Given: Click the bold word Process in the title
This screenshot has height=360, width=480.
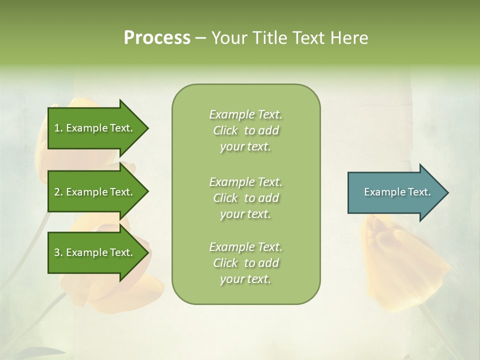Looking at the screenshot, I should coord(157,38).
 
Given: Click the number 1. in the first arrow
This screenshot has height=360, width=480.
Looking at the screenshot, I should coord(58,128).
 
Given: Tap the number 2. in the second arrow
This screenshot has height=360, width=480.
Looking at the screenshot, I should coord(58,192).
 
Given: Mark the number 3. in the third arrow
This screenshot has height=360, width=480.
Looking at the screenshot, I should coord(58,252).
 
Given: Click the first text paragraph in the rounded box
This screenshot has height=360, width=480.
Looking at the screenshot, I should coord(245,130).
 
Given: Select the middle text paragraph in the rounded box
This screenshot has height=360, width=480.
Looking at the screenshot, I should coord(245,198).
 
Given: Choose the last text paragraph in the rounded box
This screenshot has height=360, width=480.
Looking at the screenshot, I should coord(245,263).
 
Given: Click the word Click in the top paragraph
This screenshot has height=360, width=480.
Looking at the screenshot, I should coord(225,130).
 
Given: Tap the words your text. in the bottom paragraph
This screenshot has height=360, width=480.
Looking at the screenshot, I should coord(245,279).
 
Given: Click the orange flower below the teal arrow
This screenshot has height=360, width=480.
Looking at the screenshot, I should coord(400,260).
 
